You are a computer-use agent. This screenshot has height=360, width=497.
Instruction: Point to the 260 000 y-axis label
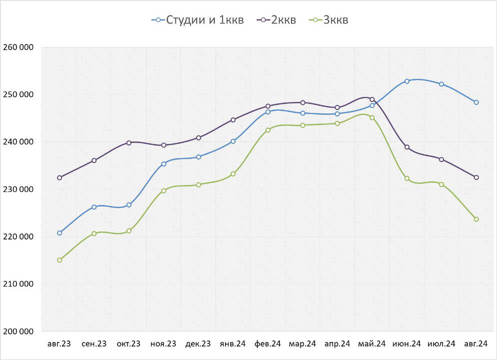point(18,47)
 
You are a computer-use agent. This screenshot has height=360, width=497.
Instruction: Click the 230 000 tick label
point(18,189)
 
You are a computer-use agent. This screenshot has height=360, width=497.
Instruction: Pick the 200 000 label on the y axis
point(18,331)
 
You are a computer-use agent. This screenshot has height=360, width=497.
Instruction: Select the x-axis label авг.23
point(59,343)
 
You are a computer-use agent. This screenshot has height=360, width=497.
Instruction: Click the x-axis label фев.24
point(268,343)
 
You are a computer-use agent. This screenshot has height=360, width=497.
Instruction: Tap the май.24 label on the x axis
point(372,343)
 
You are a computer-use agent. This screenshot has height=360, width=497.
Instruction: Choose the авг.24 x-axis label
point(476,343)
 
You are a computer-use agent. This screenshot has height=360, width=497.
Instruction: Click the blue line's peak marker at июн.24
point(407,81)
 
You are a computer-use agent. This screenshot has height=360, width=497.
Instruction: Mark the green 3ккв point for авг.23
point(59,260)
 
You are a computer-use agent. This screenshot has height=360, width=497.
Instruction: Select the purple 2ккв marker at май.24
point(372,99)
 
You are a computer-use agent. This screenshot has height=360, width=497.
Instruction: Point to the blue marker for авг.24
point(476,102)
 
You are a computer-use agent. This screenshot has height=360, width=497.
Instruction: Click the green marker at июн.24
point(407,178)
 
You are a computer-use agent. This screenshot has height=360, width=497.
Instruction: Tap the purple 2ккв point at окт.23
point(129,143)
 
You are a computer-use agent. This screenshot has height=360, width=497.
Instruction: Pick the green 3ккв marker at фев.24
point(268,130)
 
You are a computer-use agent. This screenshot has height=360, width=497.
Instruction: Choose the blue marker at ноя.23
point(163,164)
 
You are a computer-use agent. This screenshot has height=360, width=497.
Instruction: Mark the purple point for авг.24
point(476,177)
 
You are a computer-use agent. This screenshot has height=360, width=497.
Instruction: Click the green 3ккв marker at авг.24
point(476,219)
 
